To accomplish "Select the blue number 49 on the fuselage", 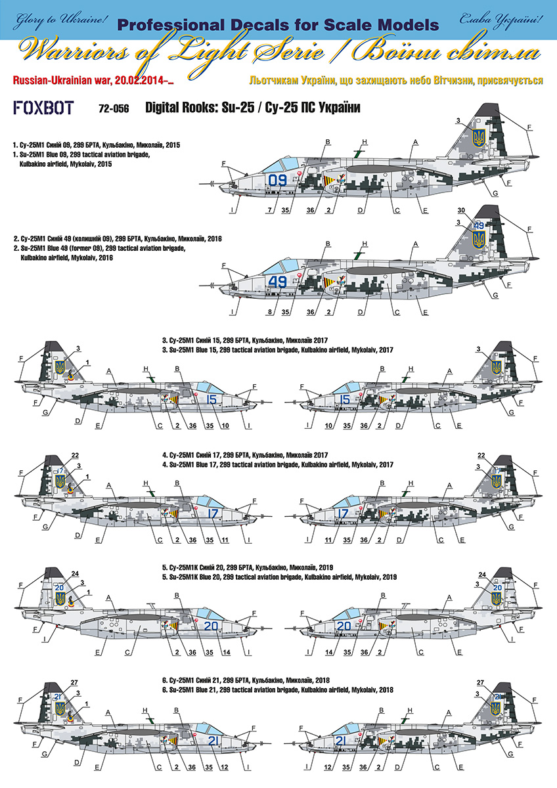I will pyautogui.click(x=278, y=282).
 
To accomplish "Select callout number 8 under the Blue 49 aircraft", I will pyautogui.click(x=270, y=313).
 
